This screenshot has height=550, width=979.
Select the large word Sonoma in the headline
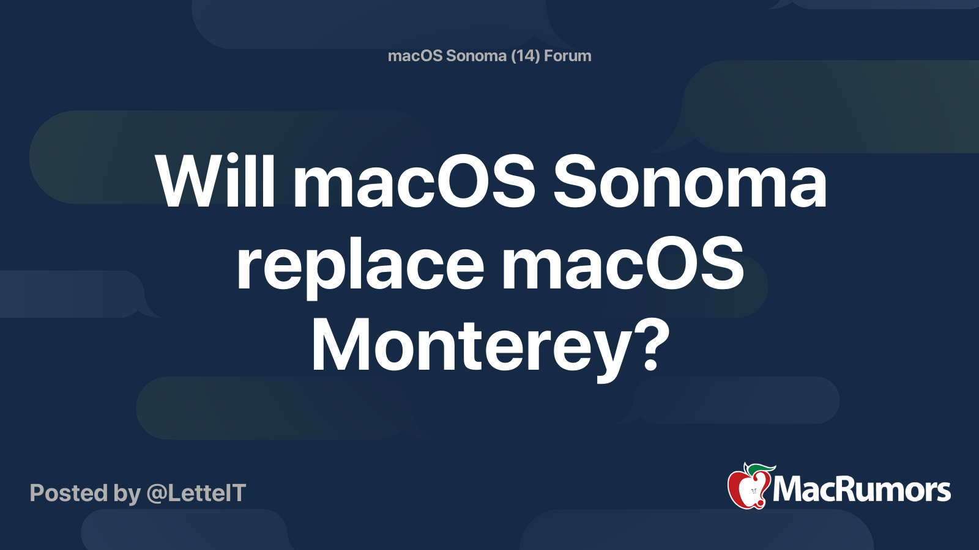pyautogui.click(x=690, y=182)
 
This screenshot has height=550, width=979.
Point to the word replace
pyautogui.click(x=360, y=265)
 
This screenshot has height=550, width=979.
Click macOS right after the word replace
pyautogui.click(x=622, y=265)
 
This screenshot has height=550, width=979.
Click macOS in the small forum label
pyautogui.click(x=415, y=56)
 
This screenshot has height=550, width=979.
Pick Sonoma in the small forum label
pyautogui.click(x=476, y=56)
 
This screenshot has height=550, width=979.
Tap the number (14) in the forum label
pyautogui.click(x=526, y=56)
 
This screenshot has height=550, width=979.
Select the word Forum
pyautogui.click(x=568, y=56)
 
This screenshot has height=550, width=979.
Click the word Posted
pyautogui.click(x=69, y=493)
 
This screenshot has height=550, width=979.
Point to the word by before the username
pyautogui.click(x=127, y=494)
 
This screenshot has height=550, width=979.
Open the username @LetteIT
pyautogui.click(x=196, y=493)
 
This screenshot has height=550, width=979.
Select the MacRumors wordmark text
pyautogui.click(x=862, y=490)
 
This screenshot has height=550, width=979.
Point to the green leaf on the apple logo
pyautogui.click(x=761, y=468)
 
